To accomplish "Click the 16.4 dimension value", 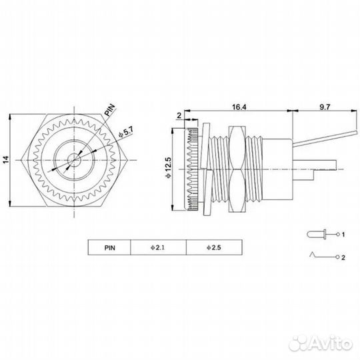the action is (239, 107).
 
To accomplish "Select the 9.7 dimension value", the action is (325, 107).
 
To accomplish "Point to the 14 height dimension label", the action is (6, 159).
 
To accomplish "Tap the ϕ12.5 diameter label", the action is (168, 167).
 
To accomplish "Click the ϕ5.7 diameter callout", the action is (126, 133).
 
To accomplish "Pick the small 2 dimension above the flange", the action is (179, 115).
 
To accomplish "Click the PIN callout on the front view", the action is (110, 110).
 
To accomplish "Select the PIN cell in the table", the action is (110, 248).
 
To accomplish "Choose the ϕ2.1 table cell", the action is (158, 247).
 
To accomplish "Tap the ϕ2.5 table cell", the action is (214, 247).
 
